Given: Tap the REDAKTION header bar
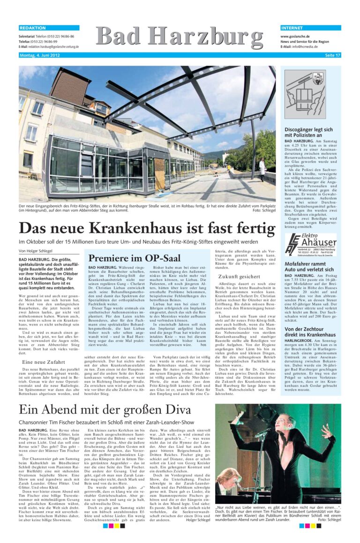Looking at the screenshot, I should tap(49, 28).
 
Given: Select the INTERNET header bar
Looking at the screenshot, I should tap(310, 28).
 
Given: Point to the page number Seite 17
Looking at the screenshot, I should tap(332, 55).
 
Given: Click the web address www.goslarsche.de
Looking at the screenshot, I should tap(296, 36).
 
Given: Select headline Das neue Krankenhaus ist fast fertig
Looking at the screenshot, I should tap(147, 228).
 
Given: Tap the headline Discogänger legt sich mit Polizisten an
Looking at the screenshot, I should tap(308, 132).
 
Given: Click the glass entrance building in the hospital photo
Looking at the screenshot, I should tap(94, 164).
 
